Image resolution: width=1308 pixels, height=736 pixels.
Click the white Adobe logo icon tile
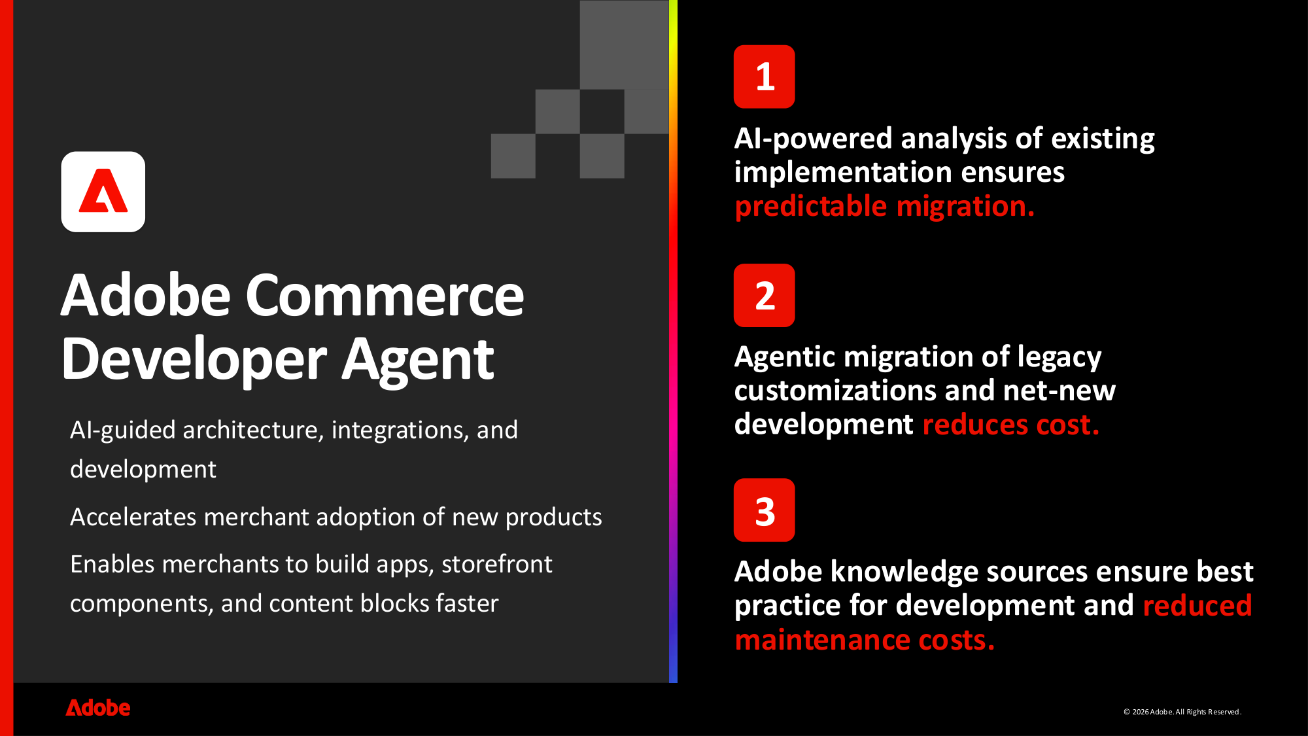point(103,192)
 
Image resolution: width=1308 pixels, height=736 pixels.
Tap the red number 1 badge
point(764,77)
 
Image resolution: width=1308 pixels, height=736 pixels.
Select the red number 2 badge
point(764,296)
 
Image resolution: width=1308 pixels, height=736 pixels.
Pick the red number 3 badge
point(764,510)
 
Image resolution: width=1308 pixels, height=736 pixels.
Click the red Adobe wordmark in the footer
point(98,708)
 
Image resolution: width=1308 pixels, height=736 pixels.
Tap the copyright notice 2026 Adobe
point(1182,712)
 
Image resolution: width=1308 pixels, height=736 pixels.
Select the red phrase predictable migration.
point(884,206)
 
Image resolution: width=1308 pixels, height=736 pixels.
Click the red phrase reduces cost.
point(1010,425)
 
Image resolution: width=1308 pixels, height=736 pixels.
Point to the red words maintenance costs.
point(864,640)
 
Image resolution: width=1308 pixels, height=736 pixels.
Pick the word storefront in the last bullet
point(496,564)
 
